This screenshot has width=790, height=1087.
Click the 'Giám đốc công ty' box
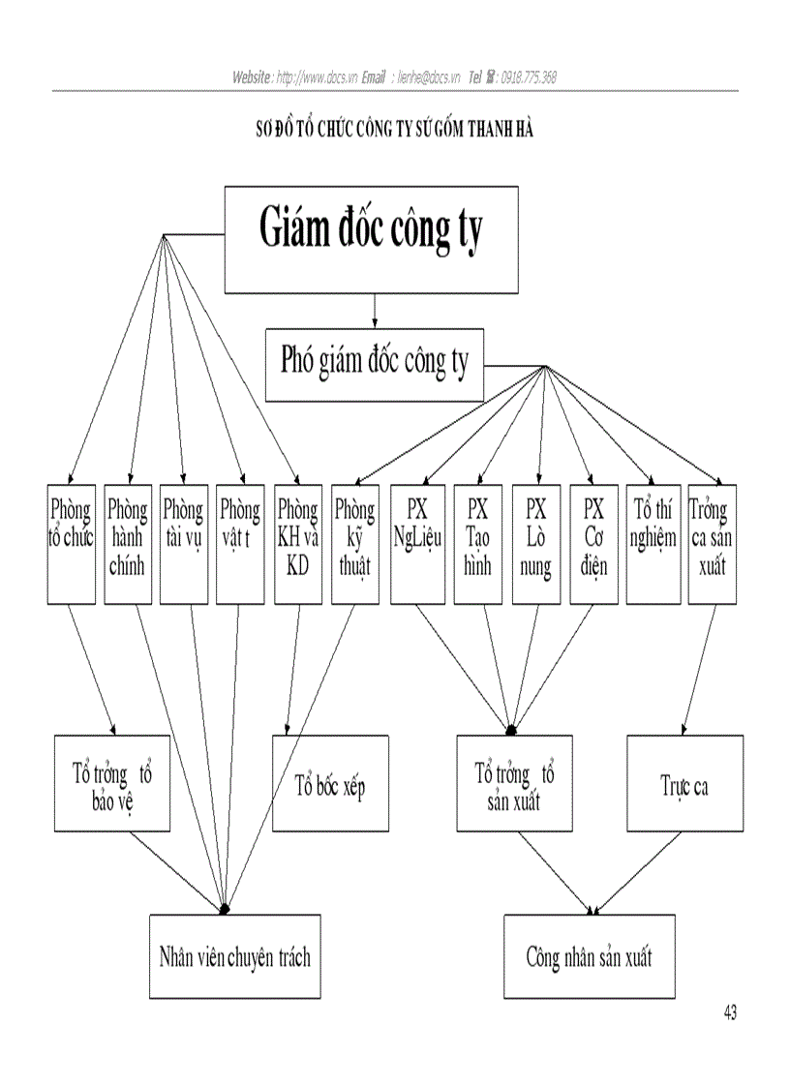[372, 239]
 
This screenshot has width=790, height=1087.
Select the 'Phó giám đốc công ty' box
[374, 365]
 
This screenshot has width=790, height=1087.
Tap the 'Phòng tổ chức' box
[71, 544]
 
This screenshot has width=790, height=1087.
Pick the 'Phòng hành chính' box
[127, 544]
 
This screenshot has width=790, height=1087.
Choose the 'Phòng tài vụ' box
[183, 544]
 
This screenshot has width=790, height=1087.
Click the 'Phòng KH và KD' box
[297, 544]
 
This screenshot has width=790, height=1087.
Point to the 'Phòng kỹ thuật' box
[354, 544]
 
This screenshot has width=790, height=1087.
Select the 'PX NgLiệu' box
[415, 544]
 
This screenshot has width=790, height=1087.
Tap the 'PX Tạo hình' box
[478, 544]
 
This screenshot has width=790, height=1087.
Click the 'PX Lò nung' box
[535, 544]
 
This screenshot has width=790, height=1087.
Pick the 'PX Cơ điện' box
[593, 544]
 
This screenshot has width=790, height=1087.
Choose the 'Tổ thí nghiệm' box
[653, 544]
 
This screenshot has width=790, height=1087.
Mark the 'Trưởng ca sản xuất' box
[712, 544]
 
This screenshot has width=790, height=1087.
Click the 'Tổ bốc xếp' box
[330, 783]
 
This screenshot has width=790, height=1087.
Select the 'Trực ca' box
[684, 783]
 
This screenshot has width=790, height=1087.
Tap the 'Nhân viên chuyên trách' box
[234, 956]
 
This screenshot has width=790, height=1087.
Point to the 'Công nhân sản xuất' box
[589, 956]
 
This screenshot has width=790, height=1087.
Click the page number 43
[729, 1013]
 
